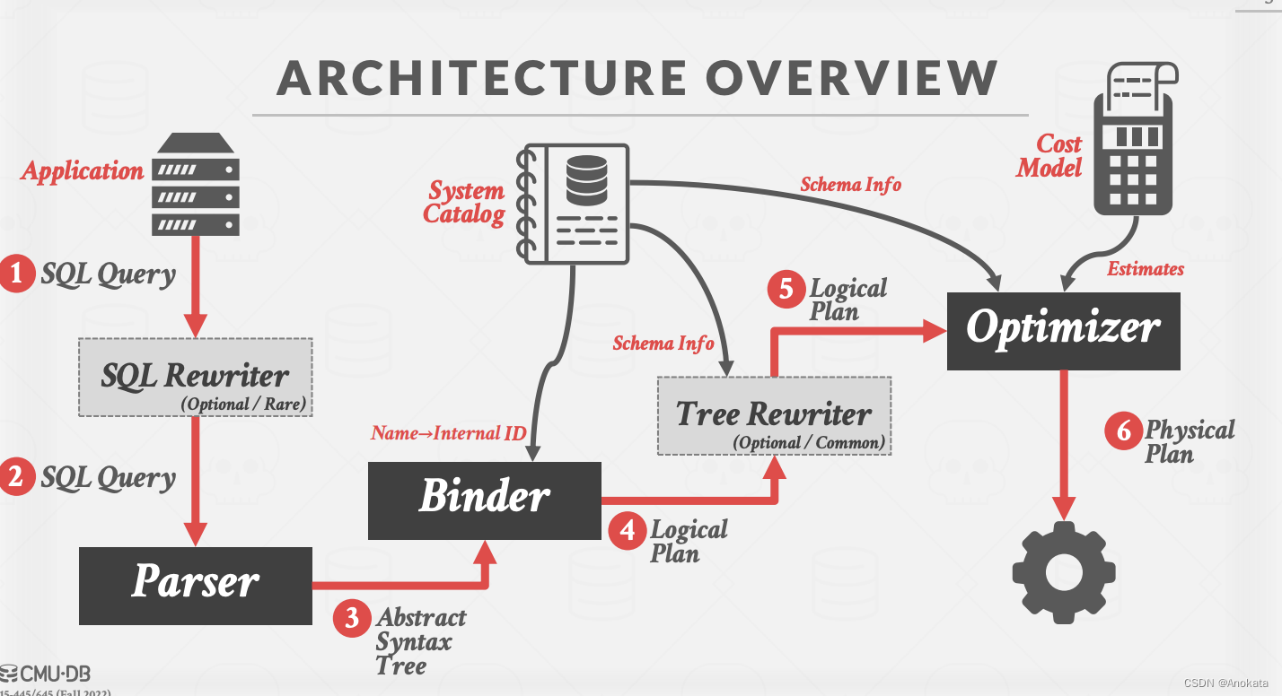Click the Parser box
point(196,585)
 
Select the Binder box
point(485,500)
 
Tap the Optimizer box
point(1063,330)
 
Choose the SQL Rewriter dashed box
point(195,378)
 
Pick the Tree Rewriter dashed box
point(774,416)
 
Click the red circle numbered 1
point(17,274)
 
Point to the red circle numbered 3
point(352,618)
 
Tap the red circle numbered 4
point(627,531)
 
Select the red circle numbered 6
point(1123,431)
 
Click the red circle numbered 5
point(787,290)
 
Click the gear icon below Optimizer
point(1064,573)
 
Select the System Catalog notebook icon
point(574,204)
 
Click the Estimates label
point(1145,268)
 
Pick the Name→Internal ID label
point(448,434)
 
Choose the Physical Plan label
point(1189,441)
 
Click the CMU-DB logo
point(47,674)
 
